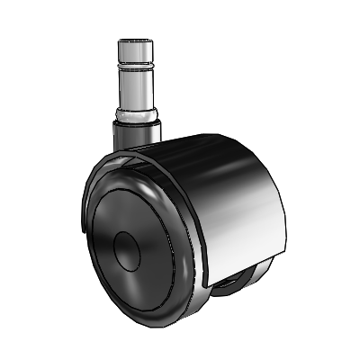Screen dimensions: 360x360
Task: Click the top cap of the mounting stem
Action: coord(137,42)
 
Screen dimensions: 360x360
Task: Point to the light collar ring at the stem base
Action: coord(138,116)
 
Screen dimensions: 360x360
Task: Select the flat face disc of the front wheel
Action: coord(135,225)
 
